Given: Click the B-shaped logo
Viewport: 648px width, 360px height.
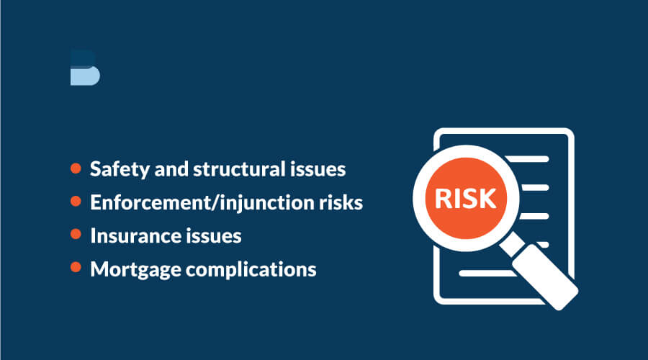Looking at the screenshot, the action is tap(85, 68).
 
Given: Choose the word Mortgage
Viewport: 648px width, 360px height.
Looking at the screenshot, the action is tap(135, 270).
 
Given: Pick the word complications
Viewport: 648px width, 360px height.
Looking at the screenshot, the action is tap(251, 270).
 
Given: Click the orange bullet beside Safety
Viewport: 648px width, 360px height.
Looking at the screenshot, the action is tap(76, 168).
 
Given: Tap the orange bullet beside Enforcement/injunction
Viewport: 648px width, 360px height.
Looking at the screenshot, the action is tap(76, 202).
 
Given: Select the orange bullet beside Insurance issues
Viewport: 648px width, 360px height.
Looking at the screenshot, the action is tap(76, 234).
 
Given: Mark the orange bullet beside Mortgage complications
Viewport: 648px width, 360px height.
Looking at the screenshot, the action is tap(76, 267).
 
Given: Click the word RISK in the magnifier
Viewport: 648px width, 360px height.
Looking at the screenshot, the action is tap(465, 199).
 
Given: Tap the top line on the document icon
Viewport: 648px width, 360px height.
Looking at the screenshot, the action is tap(527, 159).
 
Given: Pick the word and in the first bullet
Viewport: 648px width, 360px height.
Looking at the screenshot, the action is tap(171, 169).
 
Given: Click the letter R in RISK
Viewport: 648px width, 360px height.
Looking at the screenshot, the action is tap(443, 199).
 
